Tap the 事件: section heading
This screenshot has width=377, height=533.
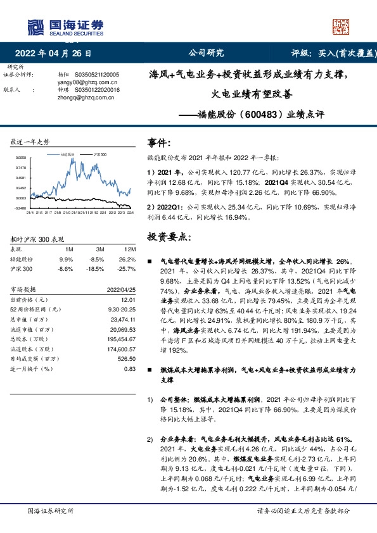pyautogui.click(x=158, y=143)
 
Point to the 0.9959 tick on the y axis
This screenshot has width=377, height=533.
pyautogui.click(x=21, y=158)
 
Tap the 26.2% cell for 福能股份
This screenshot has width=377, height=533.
pyautogui.click(x=128, y=259)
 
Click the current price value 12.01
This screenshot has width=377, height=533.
pyautogui.click(x=129, y=299)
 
